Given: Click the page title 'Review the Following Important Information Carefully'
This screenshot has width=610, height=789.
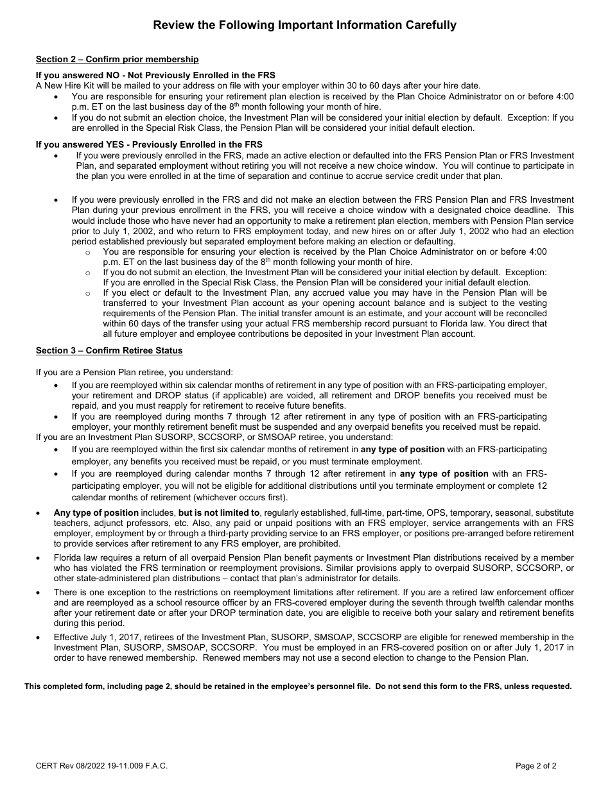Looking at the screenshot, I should point(304,26).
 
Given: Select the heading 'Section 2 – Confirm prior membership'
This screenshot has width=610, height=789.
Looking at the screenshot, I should point(117,60).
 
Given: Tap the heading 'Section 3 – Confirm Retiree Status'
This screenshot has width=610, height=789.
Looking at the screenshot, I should point(109,350).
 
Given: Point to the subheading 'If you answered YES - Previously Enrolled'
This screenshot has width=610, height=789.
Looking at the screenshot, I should point(149,144).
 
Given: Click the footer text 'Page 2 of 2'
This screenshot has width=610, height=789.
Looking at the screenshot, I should point(536,765).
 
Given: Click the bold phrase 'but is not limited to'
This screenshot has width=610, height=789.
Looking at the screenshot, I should point(220,513).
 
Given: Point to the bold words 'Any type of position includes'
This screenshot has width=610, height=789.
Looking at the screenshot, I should point(96,513).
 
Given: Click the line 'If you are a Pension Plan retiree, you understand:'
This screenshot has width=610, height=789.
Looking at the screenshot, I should point(134,372).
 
